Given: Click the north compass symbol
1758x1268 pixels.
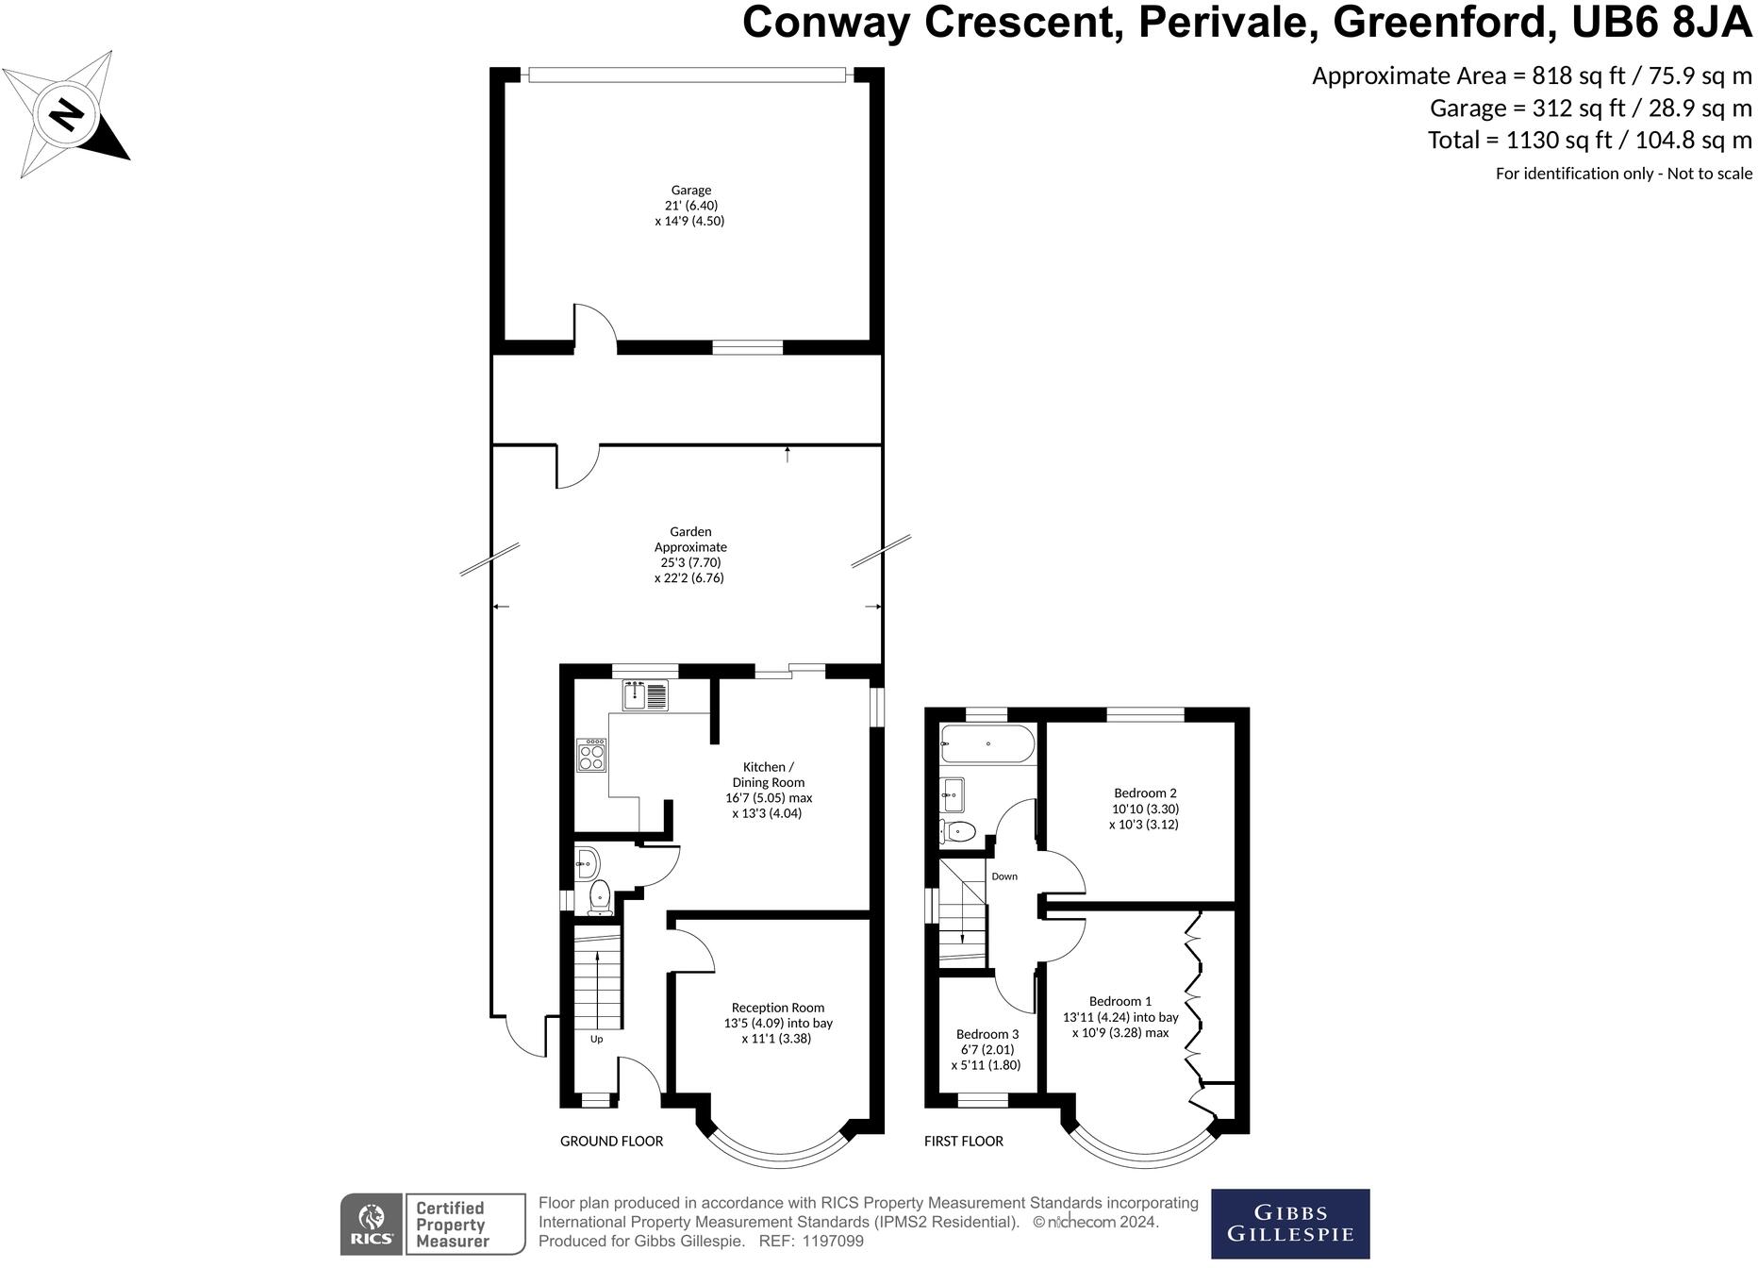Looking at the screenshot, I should point(66,114).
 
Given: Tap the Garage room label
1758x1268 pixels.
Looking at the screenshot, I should point(690,205).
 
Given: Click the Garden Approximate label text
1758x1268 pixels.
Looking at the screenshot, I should point(690,555).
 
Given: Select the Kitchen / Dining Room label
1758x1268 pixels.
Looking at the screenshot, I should point(768,790).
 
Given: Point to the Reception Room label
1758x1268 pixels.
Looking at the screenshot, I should point(777,1023).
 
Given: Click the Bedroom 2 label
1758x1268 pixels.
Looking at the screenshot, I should point(1144,809).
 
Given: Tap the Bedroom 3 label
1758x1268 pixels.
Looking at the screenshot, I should point(987,1049).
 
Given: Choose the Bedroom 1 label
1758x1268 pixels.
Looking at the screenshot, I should point(1120,1017).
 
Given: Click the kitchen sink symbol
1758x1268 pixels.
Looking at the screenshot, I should point(644,696).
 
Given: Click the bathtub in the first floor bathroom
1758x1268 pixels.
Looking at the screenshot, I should point(987,744).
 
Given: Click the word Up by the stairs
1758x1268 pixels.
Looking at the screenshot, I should point(596,1040).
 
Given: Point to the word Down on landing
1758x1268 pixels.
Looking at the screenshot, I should point(1004,876).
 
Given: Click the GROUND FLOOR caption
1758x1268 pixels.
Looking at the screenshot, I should point(611,1142).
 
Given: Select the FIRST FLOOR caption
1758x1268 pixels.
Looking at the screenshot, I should point(963,1142).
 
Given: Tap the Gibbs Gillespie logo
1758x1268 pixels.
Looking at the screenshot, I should point(1289,1224).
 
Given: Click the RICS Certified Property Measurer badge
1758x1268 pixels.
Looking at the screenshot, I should point(432,1225).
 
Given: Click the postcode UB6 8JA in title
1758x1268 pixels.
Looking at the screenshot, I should point(1662,23).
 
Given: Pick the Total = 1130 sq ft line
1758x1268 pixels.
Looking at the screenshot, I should point(1589,141).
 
